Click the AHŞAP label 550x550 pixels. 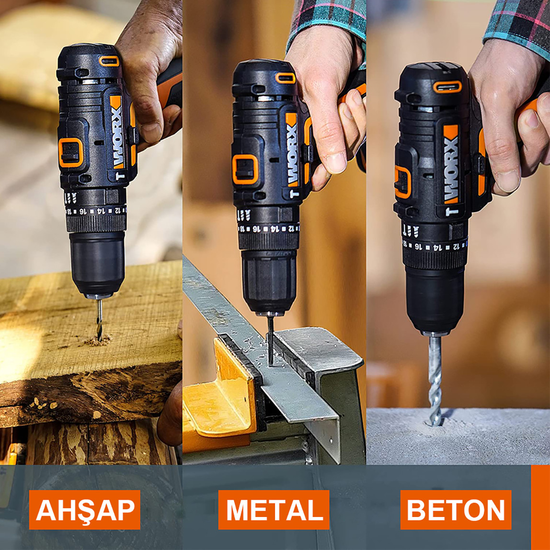point(85,510)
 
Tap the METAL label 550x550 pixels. point(274,510)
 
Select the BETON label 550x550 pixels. point(456,510)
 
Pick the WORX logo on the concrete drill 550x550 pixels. point(450,170)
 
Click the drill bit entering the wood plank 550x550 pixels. point(99,319)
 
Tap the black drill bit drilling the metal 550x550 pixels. point(271,338)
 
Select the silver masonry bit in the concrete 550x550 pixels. point(435,378)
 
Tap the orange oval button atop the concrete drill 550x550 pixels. point(447,87)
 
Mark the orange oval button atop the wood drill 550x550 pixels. point(109,61)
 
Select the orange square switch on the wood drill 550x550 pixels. point(70,152)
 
